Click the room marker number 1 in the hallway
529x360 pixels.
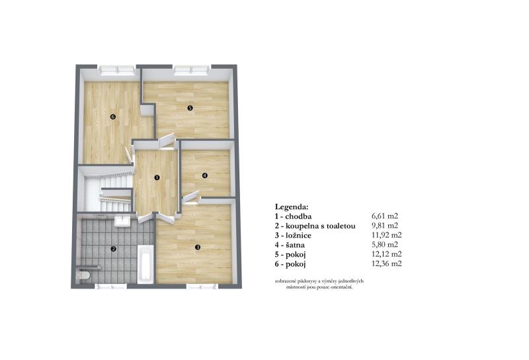click(x=157, y=177)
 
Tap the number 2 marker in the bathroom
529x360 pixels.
click(x=114, y=249)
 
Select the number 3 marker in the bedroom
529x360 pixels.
click(x=198, y=247)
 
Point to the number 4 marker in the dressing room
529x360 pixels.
click(x=205, y=175)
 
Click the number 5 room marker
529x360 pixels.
click(x=190, y=108)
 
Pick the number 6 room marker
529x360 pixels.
click(x=113, y=117)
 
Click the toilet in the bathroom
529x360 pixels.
click(x=83, y=275)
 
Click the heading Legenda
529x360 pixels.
click(x=292, y=206)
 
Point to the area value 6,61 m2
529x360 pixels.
click(x=385, y=216)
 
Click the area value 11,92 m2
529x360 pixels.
click(x=387, y=235)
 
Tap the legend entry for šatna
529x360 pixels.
click(x=290, y=245)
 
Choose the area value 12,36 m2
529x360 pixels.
click(x=387, y=264)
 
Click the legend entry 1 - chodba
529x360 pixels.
click(x=293, y=216)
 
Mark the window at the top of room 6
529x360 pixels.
click(x=117, y=70)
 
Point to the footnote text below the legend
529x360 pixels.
click(x=319, y=284)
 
